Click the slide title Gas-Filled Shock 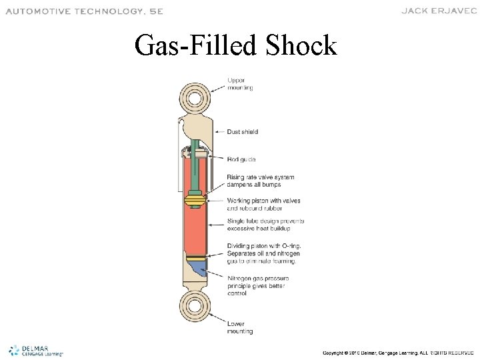coord(235,45)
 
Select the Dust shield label coord(243,132)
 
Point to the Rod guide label coord(241,159)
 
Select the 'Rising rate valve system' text coord(260,177)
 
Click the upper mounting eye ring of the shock coord(195,99)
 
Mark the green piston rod coord(196,170)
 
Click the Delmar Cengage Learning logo coord(36,349)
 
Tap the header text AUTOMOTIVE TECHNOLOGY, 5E coord(84,11)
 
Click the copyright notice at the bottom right coord(397,351)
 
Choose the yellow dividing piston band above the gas coord(195,257)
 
